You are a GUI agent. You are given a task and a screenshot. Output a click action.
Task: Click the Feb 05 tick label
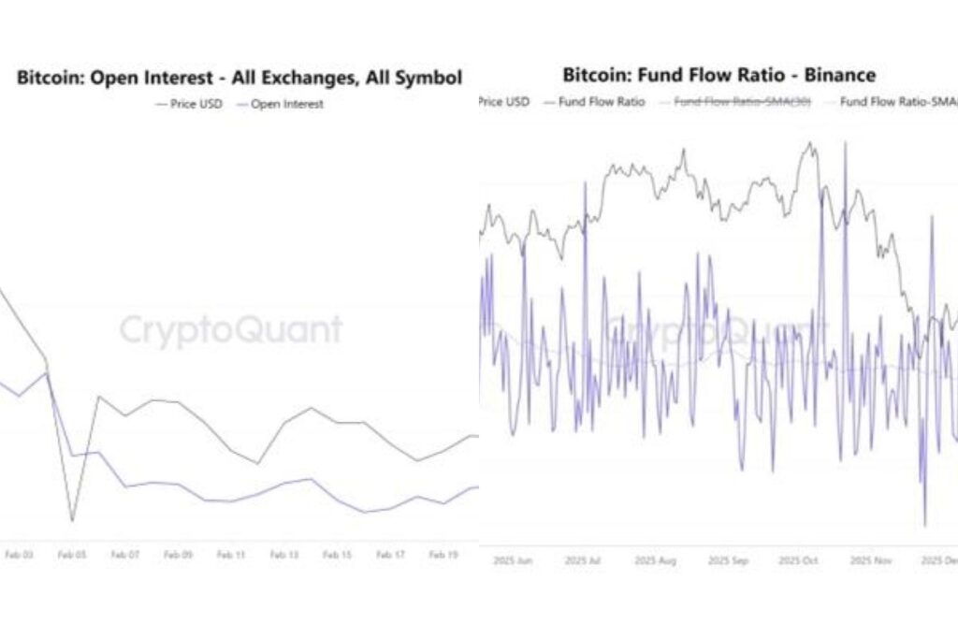71,555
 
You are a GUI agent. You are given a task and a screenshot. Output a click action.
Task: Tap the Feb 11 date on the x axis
231,555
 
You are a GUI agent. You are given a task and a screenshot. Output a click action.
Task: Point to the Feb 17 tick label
390,555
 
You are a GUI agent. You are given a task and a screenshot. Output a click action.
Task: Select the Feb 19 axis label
443,555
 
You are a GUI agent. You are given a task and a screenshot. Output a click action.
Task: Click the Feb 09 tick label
178,555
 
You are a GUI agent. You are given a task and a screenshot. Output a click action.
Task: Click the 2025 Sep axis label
728,560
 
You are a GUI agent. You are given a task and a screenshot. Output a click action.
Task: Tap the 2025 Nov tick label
872,560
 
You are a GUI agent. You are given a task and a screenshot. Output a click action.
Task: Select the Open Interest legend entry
286,104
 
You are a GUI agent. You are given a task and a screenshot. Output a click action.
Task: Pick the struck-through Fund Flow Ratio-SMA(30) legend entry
743,101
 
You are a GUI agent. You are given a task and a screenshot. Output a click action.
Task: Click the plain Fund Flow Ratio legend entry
602,101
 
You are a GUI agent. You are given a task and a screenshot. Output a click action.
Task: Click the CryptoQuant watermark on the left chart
230,330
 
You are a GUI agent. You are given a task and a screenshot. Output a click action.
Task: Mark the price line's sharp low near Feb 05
71,520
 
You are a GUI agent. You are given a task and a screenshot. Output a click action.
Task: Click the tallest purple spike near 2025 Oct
845,143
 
